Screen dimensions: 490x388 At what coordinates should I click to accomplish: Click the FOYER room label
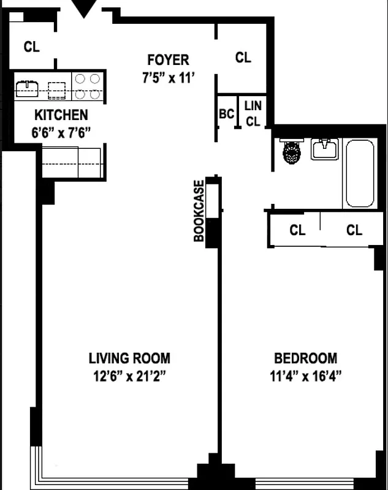click(x=168, y=60)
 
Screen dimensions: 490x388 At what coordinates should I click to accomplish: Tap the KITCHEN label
click(x=61, y=115)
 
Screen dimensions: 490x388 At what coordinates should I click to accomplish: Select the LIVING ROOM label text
click(x=129, y=358)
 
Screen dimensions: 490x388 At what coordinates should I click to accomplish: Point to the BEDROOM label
click(x=305, y=358)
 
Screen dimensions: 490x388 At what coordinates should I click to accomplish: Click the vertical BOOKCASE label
click(x=199, y=211)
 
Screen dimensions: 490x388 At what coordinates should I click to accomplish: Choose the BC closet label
click(x=226, y=114)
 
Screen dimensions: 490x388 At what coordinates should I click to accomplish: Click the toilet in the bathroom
click(x=292, y=151)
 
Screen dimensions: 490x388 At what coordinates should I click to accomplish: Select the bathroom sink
click(x=324, y=149)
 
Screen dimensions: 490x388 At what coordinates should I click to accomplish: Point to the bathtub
click(x=360, y=173)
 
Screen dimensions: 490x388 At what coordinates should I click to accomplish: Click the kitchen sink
click(x=27, y=88)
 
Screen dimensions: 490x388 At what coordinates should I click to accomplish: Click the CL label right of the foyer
click(x=243, y=58)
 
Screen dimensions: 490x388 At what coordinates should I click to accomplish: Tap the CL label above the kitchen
click(x=32, y=47)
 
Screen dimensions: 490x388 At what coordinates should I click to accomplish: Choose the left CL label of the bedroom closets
click(x=297, y=230)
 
